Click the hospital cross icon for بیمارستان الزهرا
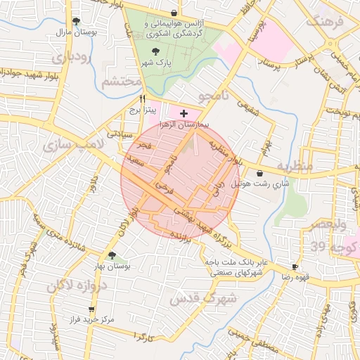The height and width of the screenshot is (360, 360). pyautogui.click(x=184, y=112)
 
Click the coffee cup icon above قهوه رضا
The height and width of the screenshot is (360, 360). pyautogui.click(x=295, y=267)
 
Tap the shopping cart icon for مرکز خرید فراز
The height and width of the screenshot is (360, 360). pyautogui.click(x=91, y=309)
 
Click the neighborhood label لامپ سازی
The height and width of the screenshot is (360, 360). pyautogui.click(x=73, y=145)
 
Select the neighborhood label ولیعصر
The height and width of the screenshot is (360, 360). pyautogui.click(x=327, y=226)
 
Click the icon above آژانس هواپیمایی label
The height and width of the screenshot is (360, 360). pyautogui.click(x=174, y=13)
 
